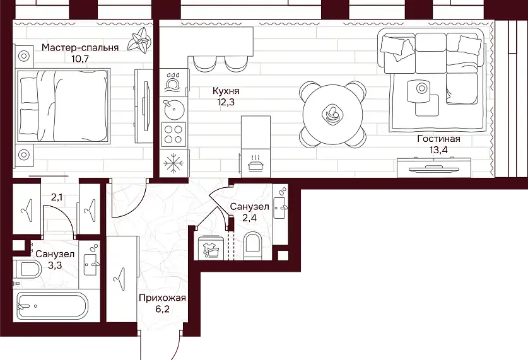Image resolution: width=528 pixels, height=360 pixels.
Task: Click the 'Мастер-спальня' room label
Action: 80,48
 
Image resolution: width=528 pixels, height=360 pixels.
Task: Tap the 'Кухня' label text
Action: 226,91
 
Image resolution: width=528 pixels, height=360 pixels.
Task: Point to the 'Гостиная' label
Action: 439,139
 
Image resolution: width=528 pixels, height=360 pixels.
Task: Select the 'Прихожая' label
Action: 162,298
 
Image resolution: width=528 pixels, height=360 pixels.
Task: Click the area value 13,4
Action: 438,149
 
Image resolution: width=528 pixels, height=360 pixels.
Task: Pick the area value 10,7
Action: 80,59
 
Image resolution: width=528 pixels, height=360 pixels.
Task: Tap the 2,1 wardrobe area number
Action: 57,197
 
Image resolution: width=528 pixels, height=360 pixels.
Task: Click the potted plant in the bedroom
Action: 139,40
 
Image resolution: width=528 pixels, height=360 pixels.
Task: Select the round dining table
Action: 332,115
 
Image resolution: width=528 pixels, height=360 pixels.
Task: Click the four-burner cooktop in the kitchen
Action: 173,134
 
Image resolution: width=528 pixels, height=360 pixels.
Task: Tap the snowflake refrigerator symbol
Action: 173,163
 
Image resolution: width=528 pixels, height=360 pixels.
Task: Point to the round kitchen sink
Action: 172,109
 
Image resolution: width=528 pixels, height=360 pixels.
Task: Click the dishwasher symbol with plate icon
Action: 172,83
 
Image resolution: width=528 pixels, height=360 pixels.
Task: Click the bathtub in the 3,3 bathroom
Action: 52,306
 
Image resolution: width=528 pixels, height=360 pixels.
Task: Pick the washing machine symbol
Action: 211,248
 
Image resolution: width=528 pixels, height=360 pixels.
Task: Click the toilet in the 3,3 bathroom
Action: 27,269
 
